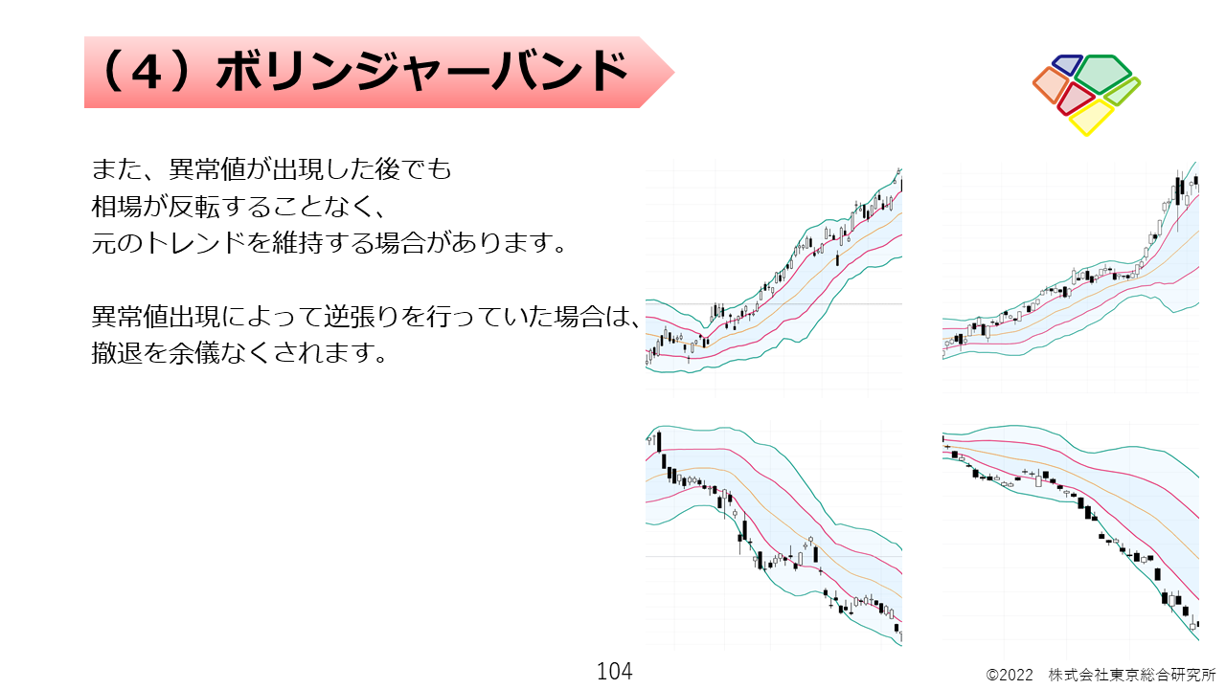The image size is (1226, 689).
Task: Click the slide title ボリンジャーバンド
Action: tap(422, 72)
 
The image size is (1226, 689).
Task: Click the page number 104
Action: tap(615, 671)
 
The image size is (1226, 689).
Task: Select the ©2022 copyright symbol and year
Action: tap(1010, 676)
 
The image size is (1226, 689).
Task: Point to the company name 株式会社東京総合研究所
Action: tap(1132, 676)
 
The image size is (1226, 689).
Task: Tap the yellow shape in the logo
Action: tap(1091, 118)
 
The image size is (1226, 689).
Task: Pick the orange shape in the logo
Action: tap(1051, 85)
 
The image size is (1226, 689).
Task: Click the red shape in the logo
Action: tap(1075, 99)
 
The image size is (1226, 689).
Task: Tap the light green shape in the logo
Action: tap(1123, 92)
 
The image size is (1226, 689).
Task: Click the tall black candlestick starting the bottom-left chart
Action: tap(659, 441)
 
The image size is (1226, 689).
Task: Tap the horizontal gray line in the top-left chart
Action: tap(773, 303)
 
